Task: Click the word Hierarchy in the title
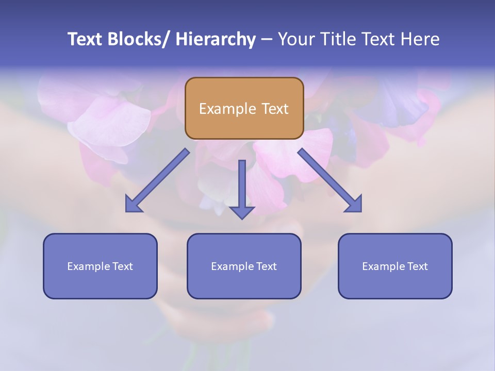pos(215,40)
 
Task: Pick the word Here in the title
pos(422,39)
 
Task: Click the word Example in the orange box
pos(227,109)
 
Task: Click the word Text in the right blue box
pos(417,266)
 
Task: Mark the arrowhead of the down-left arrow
pos(133,205)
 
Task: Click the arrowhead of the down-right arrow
pos(354,205)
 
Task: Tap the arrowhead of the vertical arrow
pos(242,212)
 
